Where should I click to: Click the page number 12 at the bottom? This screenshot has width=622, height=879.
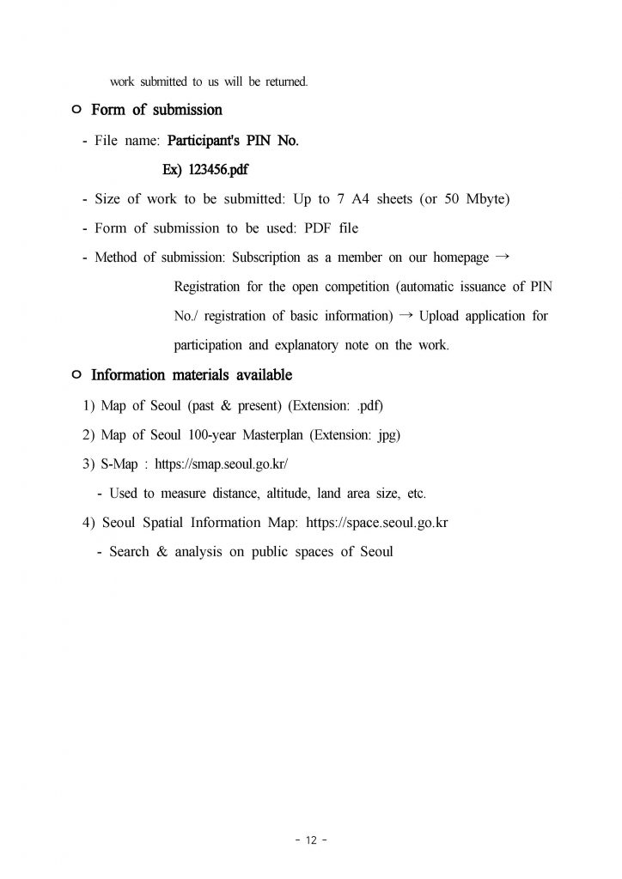point(311,840)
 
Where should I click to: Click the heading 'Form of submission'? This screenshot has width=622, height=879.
point(156,110)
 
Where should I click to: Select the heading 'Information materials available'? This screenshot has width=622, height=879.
point(191,375)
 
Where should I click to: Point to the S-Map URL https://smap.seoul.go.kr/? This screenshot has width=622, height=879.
point(221,464)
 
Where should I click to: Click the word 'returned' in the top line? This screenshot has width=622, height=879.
point(284,82)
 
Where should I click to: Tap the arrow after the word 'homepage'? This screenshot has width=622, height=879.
point(503,257)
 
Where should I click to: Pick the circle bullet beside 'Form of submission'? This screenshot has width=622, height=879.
point(76,111)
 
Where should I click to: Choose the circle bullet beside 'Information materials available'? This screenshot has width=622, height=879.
point(76,375)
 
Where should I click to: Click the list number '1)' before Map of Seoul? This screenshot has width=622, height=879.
point(88,405)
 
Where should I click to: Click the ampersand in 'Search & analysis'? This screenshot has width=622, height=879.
point(162,552)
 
